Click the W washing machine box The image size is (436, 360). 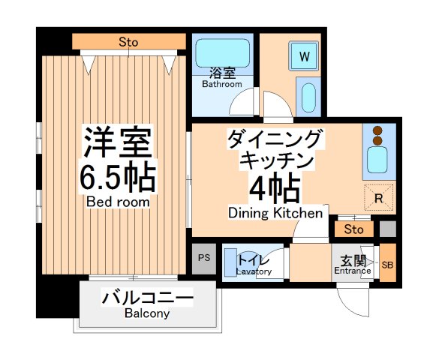(305, 56)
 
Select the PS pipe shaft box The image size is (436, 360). (203, 259)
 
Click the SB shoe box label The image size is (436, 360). (387, 265)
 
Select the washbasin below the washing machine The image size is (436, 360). (306, 97)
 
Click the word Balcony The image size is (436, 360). (147, 313)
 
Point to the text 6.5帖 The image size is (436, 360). (117, 177)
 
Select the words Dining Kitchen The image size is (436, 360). (275, 214)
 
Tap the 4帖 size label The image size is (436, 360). (271, 188)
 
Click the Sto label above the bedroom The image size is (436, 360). (128, 42)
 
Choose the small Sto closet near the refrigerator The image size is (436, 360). (355, 229)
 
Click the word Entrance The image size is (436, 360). (352, 271)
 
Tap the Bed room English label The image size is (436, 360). (117, 202)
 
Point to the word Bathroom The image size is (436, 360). (221, 84)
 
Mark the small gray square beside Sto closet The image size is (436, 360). (386, 229)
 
